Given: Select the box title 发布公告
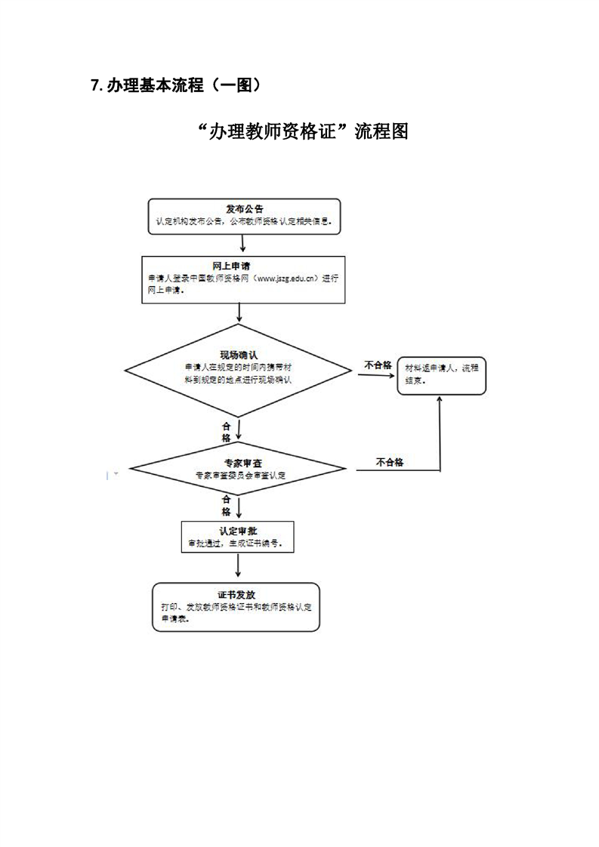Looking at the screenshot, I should coord(244,208).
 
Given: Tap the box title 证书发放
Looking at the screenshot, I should coord(236,594).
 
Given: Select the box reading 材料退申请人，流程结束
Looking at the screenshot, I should coord(442,374).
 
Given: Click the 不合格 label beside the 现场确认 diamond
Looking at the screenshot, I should coord(377,365).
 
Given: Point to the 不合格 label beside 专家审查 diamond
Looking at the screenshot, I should coord(389,462).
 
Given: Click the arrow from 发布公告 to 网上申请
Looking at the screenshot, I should coord(242,242).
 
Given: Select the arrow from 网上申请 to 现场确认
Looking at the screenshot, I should coord(239,313).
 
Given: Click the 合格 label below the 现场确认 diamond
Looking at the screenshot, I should coord(226,432).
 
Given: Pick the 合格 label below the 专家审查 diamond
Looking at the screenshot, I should coord(226,505).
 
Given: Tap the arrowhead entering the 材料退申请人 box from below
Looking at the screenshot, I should coord(440,399).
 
